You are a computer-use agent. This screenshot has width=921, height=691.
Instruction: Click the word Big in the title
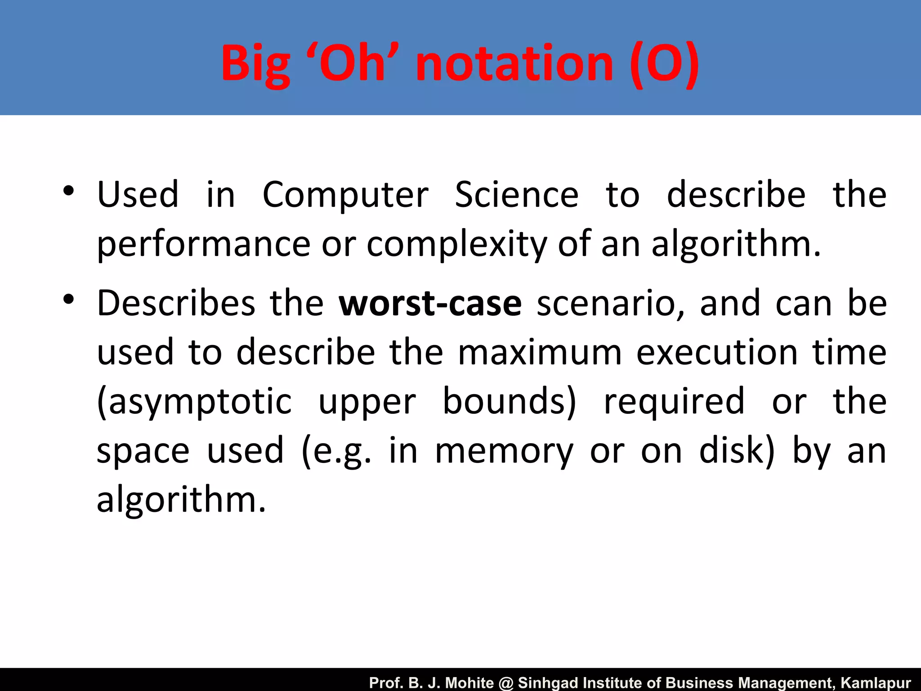click(x=255, y=64)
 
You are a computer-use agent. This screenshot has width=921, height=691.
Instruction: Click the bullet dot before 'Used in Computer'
click(x=68, y=191)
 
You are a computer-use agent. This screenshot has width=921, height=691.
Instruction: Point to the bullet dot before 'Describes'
click(x=68, y=300)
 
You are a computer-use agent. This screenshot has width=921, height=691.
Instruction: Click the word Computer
click(x=345, y=195)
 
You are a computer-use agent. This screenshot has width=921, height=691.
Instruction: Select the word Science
click(x=517, y=194)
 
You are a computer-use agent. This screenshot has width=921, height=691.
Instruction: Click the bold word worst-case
click(x=430, y=304)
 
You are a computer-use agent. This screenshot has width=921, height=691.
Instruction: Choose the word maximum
click(x=540, y=352)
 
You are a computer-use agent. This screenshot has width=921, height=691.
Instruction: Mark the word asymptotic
click(x=195, y=402)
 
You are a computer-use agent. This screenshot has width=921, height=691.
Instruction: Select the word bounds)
click(x=509, y=401)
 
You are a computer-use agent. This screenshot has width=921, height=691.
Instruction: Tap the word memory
click(x=504, y=451)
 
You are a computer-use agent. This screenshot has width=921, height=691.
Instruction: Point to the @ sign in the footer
click(x=506, y=683)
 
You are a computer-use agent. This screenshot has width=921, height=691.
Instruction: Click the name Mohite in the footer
click(x=469, y=683)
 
